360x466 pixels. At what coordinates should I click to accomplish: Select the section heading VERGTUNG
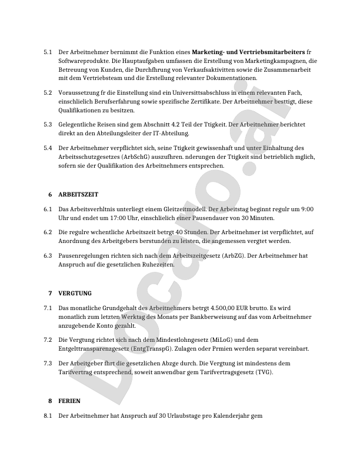tap(75, 292)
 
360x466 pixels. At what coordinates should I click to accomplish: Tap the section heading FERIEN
tap(70, 401)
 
